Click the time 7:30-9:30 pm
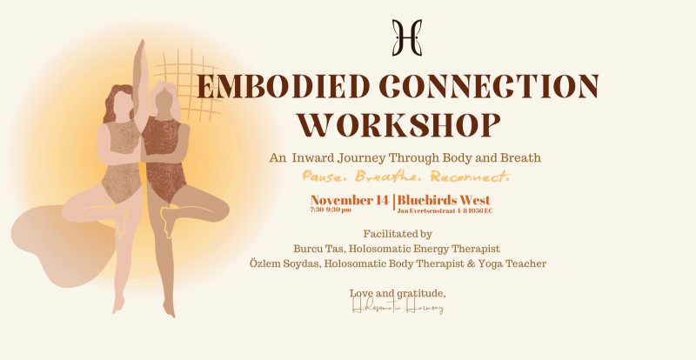pyautogui.click(x=331, y=210)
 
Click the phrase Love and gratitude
pyautogui.click(x=397, y=293)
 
